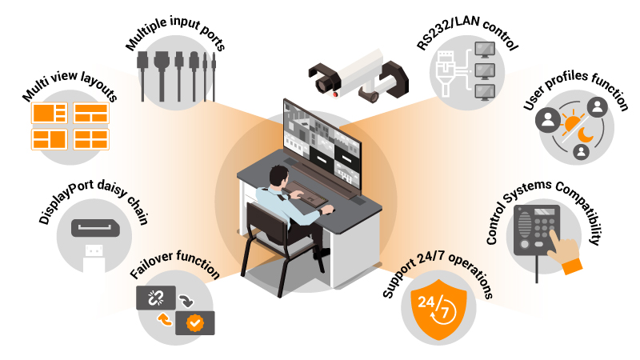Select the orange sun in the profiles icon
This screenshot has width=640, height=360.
pos(572,125)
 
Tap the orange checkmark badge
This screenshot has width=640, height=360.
pos(194,323)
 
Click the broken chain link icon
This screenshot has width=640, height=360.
pos(155,298)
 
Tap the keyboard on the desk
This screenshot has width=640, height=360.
pos(308,192)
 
